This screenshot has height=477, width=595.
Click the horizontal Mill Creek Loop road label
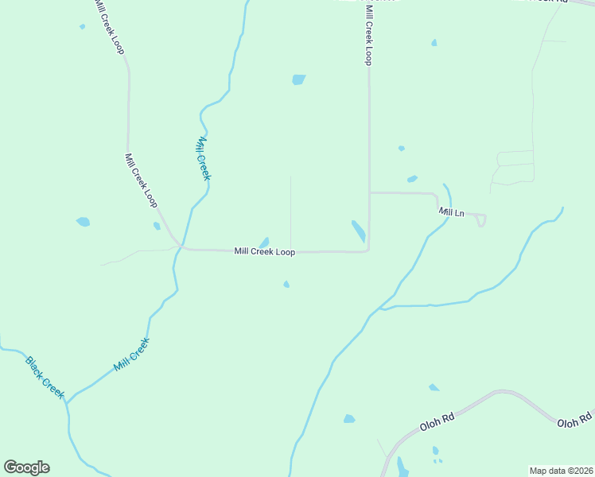point(265,252)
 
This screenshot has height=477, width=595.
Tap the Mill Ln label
point(451,212)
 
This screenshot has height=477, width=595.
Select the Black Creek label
point(45,378)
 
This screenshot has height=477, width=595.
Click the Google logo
point(26,467)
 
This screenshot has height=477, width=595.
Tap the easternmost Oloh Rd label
point(575,421)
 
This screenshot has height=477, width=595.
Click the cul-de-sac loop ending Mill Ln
point(481,220)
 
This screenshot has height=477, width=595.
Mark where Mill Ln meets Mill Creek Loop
point(369,192)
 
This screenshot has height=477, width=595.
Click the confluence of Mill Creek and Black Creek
point(67,402)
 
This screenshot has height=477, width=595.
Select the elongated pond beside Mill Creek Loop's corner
point(359,231)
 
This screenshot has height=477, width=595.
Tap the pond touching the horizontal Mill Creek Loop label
point(264,242)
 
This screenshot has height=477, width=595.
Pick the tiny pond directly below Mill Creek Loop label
point(286,284)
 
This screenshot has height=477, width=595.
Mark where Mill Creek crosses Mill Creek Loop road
point(181,248)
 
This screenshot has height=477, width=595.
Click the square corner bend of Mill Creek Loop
point(368,250)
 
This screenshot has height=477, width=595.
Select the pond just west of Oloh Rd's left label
point(349,418)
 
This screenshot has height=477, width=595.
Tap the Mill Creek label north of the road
point(203,158)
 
